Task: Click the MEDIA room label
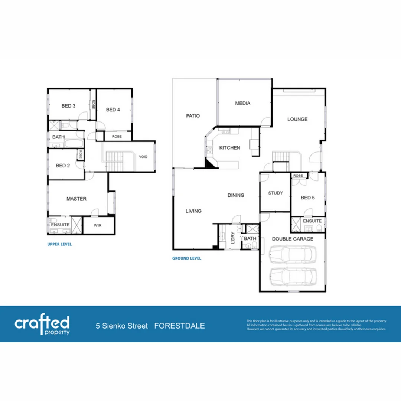[x=242, y=104]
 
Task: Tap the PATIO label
[x=193, y=116]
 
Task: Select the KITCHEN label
[x=229, y=148]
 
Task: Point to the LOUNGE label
[x=297, y=119]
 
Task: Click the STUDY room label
[x=275, y=193]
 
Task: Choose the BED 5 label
[x=307, y=198]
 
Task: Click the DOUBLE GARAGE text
[x=293, y=239]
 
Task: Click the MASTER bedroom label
[x=76, y=199]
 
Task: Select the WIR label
[x=98, y=225]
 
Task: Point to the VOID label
[x=143, y=157]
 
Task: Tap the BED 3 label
[x=68, y=106]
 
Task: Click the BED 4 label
[x=113, y=110]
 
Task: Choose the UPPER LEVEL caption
[x=59, y=245]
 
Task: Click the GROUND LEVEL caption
[x=187, y=258]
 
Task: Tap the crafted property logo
[x=42, y=325]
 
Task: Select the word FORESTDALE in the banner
[x=179, y=326]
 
